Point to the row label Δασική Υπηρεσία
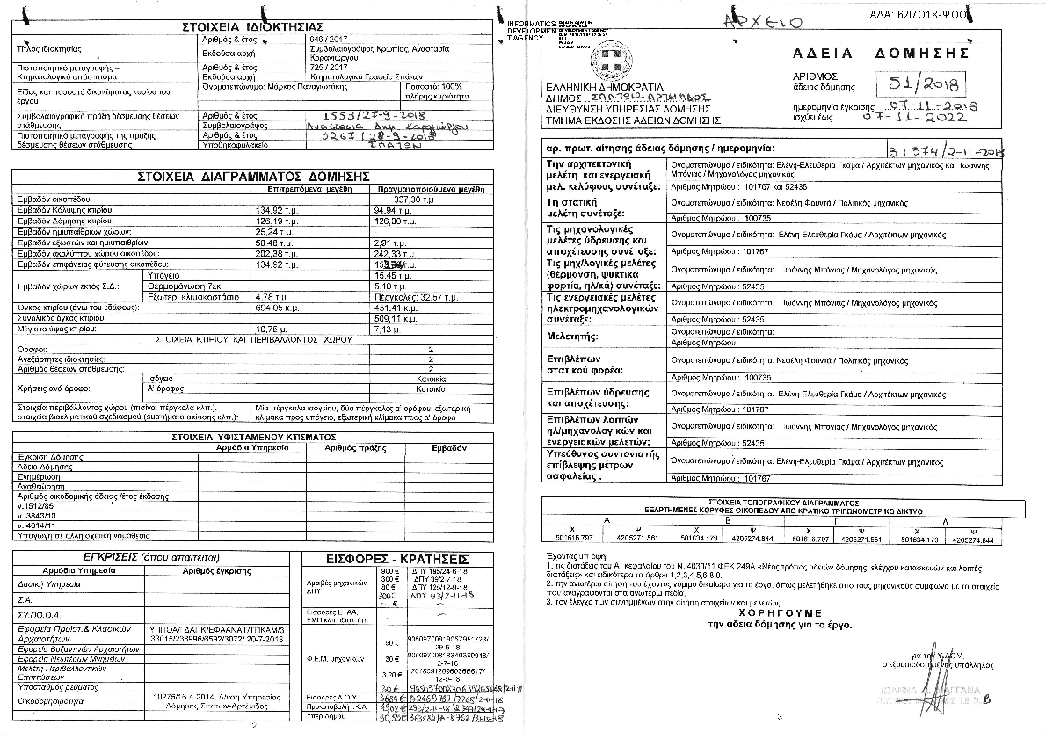click(x=42, y=583)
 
